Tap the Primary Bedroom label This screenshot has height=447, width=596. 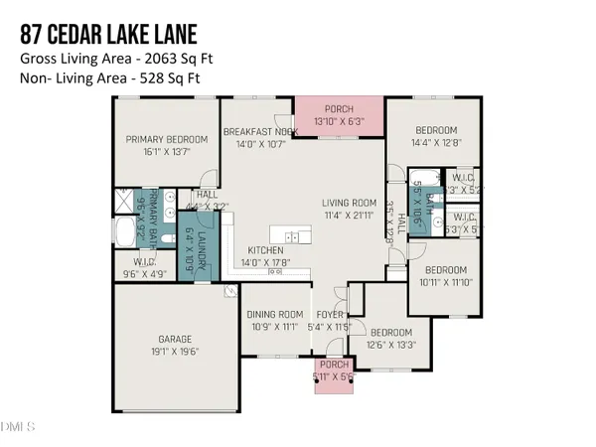[x=166, y=139]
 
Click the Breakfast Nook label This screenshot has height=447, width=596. [x=261, y=131]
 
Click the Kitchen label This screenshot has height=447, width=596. [x=266, y=250]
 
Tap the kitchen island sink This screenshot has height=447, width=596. [x=292, y=236]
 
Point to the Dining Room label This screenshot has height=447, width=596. [x=272, y=314]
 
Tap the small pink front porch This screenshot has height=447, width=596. [x=330, y=375]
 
